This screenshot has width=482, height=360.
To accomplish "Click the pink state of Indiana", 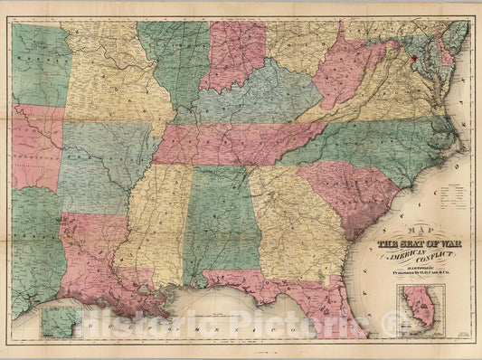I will [x=232, y=56].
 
